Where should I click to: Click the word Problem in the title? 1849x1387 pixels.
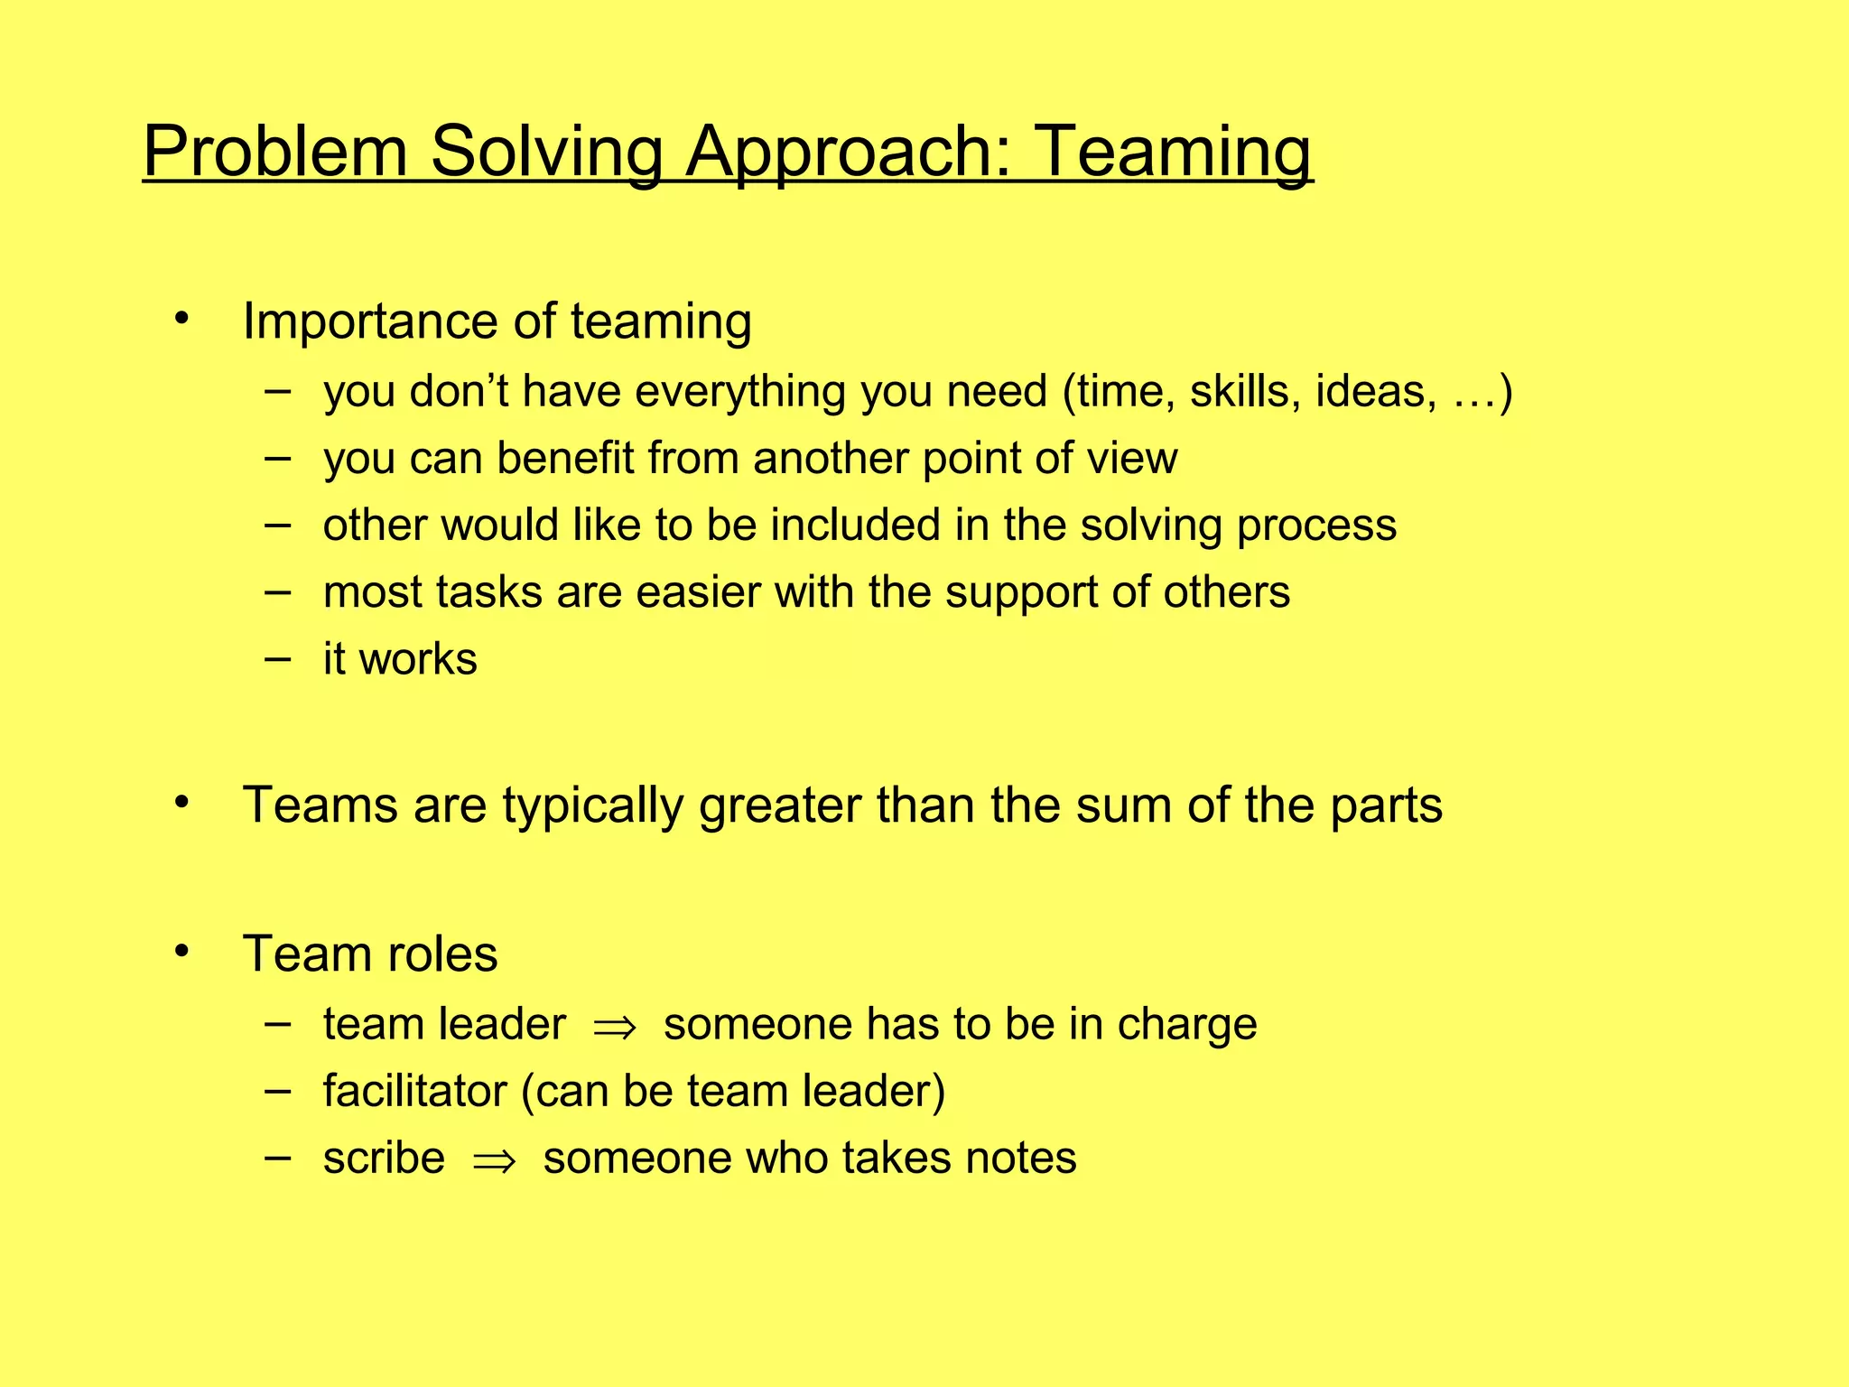coord(275,151)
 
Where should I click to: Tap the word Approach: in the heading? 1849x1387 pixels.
coord(848,151)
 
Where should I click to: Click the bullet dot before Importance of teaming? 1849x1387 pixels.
coord(182,318)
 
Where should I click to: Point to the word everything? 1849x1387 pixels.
coord(740,392)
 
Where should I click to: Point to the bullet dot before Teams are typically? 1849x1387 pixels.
coord(182,802)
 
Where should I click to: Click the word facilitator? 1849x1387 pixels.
coord(415,1091)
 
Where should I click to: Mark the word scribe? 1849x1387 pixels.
coord(385,1159)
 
